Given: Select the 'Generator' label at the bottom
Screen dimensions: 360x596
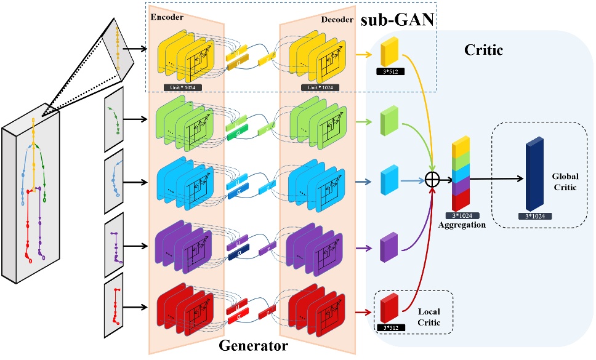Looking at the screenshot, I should [x=254, y=346].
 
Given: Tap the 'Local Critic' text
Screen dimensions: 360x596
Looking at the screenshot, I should [x=429, y=308].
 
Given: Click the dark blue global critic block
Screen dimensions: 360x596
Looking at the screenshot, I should [x=534, y=176].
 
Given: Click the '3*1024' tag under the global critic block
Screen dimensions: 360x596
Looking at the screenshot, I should [x=533, y=217].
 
